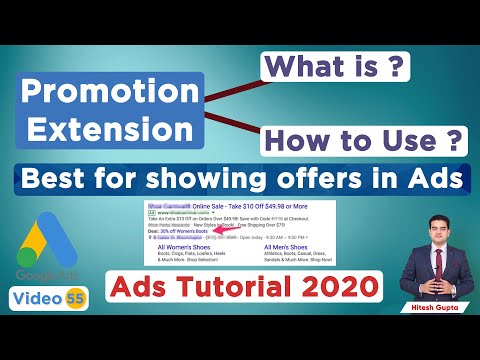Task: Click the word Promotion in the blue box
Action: (112, 91)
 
